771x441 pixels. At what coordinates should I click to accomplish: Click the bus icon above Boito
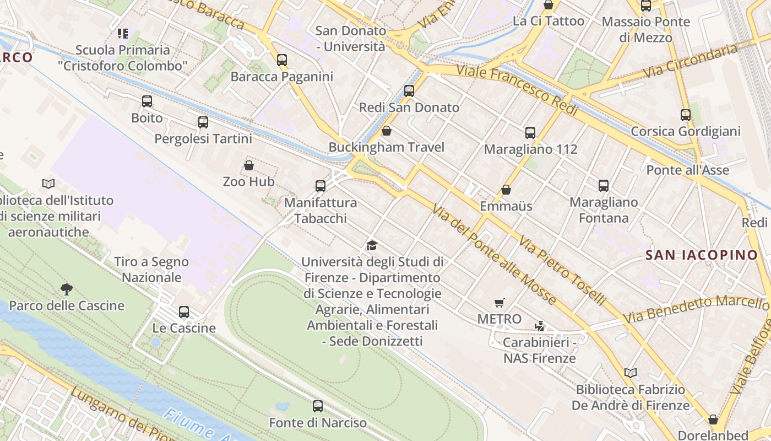[x=147, y=101]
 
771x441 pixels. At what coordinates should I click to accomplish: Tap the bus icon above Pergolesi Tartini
[x=203, y=122]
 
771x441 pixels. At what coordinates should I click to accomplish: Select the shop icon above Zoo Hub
[x=249, y=165]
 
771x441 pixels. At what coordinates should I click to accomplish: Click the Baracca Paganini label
[x=281, y=77]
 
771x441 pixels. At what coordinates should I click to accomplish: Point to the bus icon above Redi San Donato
[x=409, y=91]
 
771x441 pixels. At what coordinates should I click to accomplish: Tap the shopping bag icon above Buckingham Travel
[x=387, y=131]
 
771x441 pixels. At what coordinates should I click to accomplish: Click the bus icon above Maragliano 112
[x=530, y=133]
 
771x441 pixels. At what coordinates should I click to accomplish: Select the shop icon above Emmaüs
[x=506, y=190]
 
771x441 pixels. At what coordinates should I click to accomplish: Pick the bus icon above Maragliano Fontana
[x=604, y=186]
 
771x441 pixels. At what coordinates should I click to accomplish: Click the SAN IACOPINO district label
[x=702, y=255]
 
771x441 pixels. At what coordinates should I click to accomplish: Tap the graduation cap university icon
[x=372, y=245]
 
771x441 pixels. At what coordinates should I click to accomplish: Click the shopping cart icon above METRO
[x=499, y=303]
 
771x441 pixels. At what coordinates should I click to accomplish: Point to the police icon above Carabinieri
[x=540, y=326]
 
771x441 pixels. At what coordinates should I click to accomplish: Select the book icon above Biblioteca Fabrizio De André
[x=631, y=373]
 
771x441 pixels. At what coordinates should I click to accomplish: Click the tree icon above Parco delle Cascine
[x=67, y=289]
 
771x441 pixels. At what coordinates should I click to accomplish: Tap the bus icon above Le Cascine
[x=184, y=312]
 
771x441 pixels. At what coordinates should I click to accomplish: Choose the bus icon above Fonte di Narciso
[x=318, y=406]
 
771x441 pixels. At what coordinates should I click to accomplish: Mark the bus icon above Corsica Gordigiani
[x=686, y=115]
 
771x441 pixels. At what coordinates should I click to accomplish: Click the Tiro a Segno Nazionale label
[x=151, y=270]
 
